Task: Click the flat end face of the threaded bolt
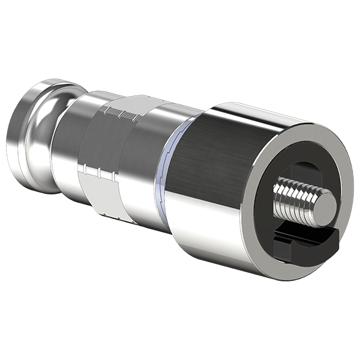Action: tap(325, 206)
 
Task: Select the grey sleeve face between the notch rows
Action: tap(105, 141)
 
